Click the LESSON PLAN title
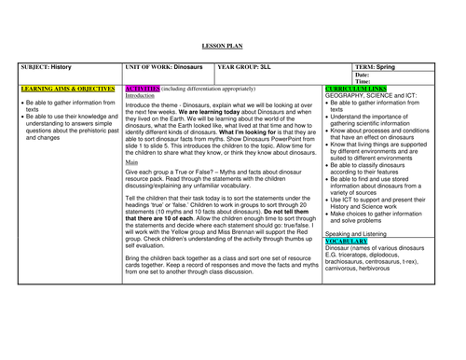[232, 46]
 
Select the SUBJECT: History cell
[45, 68]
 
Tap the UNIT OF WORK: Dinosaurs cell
[164, 68]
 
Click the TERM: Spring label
[378, 68]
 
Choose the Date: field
[363, 75]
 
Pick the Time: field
[363, 81]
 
